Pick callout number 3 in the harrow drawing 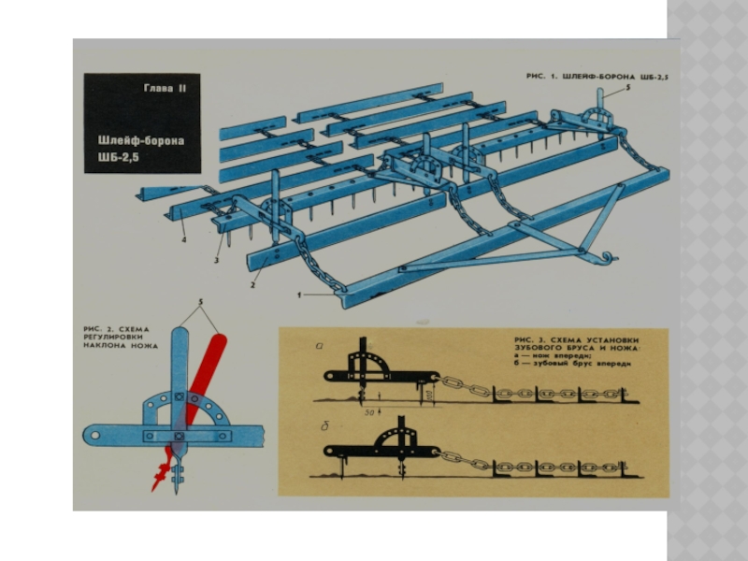[x=216, y=260]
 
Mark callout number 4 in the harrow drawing [x=184, y=239]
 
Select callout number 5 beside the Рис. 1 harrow [x=628, y=86]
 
